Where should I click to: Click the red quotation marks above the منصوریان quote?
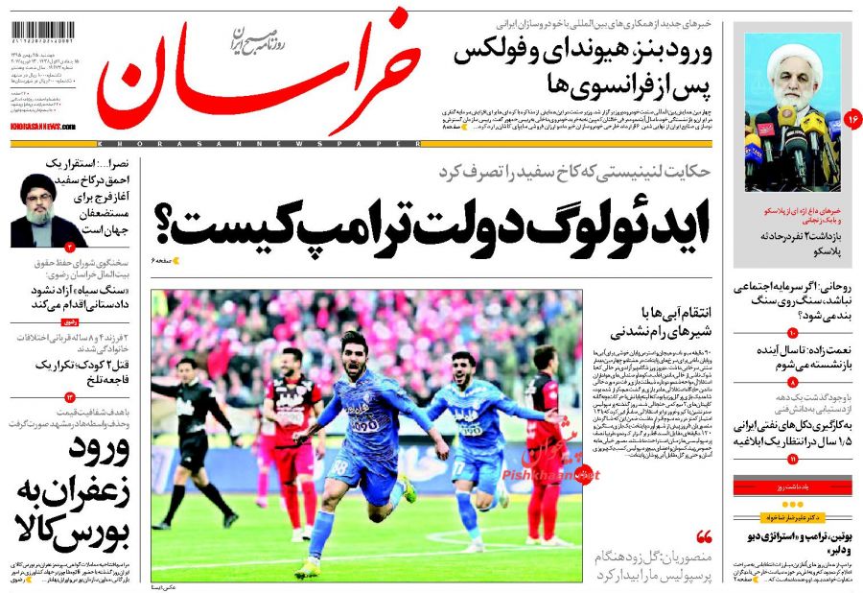point(704,536)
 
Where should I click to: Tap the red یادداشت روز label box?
point(785,487)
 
